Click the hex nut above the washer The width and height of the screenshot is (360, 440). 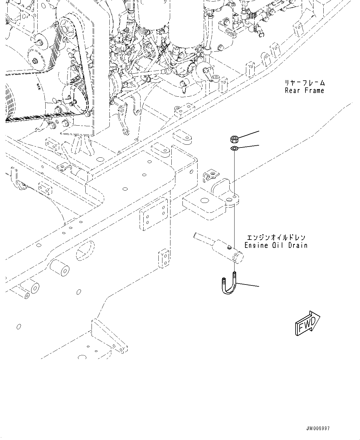coord(234,139)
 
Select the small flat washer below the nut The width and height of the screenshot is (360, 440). coord(234,149)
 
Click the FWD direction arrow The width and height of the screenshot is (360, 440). coord(307,323)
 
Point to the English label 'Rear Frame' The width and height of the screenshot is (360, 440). coord(304,91)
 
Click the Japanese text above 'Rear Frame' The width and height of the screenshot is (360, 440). coord(304,83)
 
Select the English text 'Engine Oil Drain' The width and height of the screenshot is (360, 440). coord(276,245)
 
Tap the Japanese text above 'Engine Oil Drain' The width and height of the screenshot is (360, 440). coord(276,237)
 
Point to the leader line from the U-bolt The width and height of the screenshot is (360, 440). coord(248,285)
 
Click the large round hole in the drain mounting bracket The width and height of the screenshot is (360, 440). coord(203,201)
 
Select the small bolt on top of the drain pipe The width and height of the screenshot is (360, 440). coord(229,247)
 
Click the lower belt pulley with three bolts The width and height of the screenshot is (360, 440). coord(72,98)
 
